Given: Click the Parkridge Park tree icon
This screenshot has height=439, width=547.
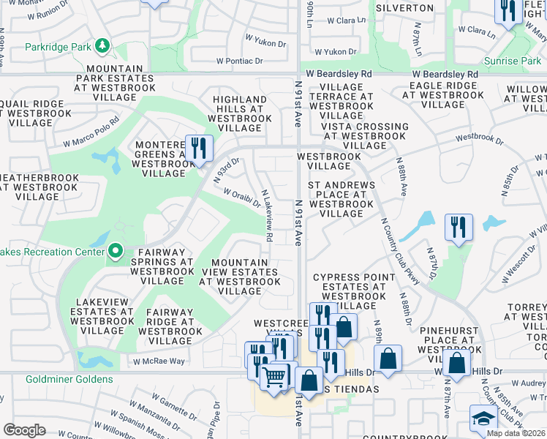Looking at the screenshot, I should point(103,48).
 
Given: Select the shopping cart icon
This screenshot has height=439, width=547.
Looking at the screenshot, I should point(274,377).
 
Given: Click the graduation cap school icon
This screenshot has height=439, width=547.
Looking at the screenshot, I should point(482,420).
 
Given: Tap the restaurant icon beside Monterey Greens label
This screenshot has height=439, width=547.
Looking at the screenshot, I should point(199,150).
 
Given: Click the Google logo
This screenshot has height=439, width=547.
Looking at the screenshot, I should point(24,430).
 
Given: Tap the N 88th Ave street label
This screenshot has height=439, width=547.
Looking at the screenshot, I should point(401,176).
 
